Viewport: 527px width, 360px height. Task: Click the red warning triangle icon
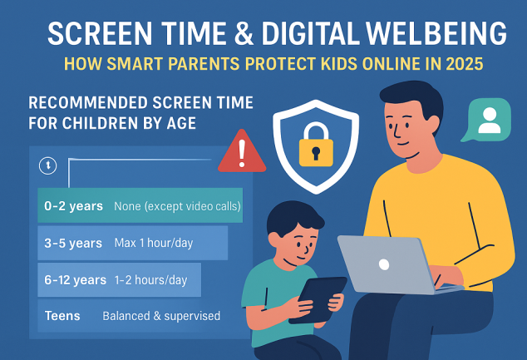click(x=241, y=153)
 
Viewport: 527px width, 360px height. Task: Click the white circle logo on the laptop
click(x=383, y=264)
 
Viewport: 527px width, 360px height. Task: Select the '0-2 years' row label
click(x=74, y=205)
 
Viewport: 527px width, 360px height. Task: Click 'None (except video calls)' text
click(x=177, y=205)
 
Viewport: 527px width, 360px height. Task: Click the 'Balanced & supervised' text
click(x=161, y=316)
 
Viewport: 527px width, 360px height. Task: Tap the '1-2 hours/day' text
click(x=152, y=279)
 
